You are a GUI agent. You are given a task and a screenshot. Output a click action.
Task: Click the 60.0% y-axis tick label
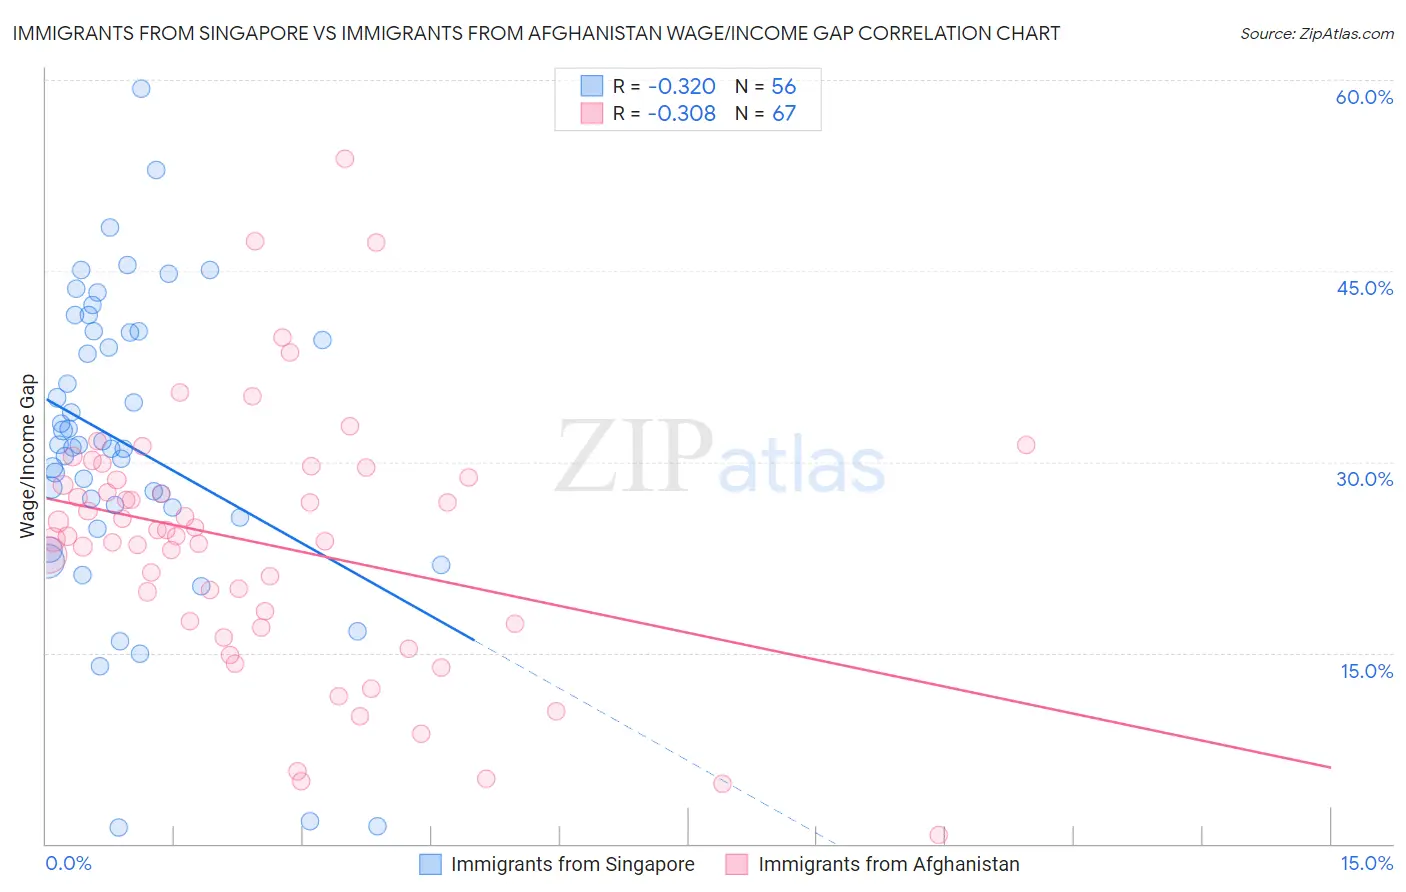pos(1364,97)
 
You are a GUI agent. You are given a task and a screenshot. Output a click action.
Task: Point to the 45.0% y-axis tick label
pos(1364,288)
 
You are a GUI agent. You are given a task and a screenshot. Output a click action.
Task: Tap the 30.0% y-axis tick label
pos(1364,479)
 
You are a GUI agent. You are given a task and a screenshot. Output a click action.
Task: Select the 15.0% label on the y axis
pos(1366,671)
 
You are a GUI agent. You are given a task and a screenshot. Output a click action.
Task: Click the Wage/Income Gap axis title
pos(28,456)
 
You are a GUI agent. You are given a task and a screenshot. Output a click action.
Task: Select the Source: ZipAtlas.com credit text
pos(1316,34)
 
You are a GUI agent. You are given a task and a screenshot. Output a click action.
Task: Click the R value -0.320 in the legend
pos(681,86)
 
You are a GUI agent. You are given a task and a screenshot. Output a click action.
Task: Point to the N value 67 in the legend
pos(784,113)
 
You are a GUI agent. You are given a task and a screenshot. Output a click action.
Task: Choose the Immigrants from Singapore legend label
pos(572,864)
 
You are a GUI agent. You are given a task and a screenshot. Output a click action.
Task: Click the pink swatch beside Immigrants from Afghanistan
pos(737,864)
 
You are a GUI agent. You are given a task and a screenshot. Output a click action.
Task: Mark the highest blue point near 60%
pos(141,89)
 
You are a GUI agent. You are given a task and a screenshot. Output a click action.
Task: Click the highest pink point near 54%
pos(345,158)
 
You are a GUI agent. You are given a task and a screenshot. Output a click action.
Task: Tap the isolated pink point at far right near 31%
pos(1026,445)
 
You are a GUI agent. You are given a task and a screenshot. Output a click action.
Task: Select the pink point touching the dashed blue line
pos(722,784)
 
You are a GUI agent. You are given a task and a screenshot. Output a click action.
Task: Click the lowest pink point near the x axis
pos(938,835)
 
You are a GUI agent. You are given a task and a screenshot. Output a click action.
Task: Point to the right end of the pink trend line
pos(1330,767)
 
